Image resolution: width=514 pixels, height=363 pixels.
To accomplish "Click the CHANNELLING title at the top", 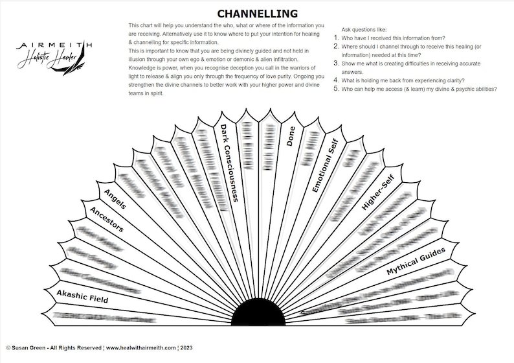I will click(257, 14).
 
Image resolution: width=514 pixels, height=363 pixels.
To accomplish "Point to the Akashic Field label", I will click(82, 297).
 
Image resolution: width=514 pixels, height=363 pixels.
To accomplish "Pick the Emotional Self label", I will click(325, 165).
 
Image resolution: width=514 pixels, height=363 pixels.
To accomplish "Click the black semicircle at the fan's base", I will click(258, 314).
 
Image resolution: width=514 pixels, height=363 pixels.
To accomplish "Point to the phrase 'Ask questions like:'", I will click(364, 30).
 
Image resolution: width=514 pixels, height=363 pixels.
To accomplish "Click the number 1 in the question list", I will click(336, 38).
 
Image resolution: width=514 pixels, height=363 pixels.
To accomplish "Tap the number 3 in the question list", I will click(336, 64).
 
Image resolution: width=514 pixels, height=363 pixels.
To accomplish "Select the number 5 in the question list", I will click(336, 89).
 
